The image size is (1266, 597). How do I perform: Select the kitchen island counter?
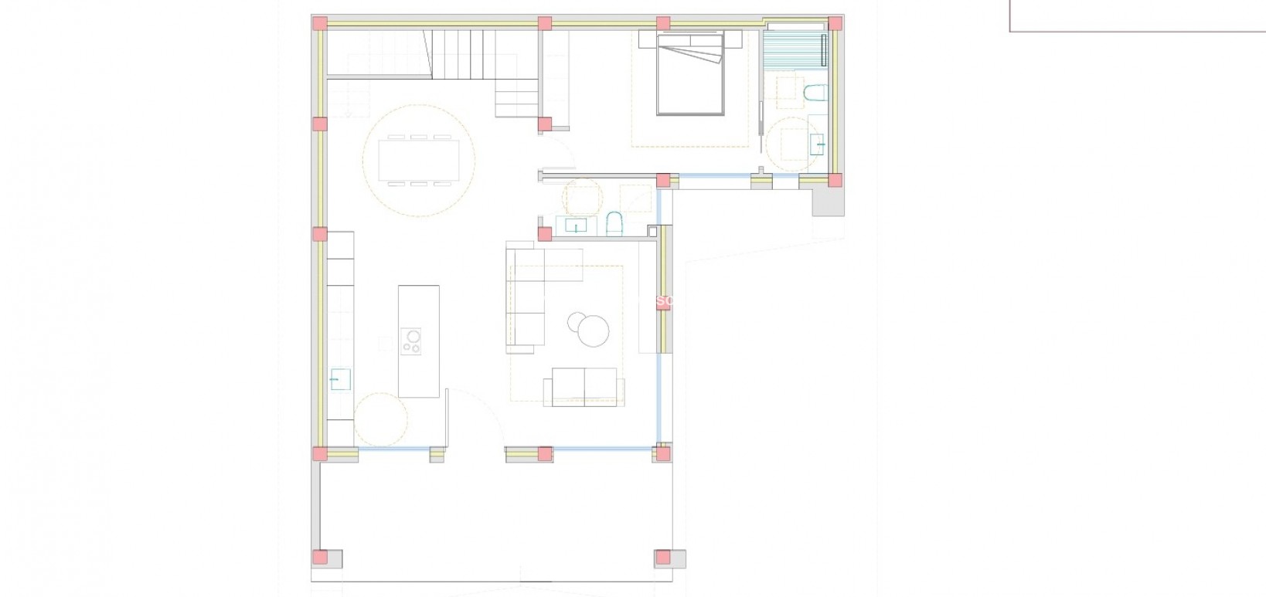pos(419,341)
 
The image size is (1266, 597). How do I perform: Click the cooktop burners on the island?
pos(412,341)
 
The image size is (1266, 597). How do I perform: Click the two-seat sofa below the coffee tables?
pos(584,386)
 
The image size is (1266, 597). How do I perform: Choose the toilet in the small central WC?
pos(615,223)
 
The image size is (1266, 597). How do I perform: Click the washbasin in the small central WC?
pos(577,226)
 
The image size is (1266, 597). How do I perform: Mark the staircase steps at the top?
pos(464,54)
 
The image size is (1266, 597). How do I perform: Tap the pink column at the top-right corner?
pos(835,23)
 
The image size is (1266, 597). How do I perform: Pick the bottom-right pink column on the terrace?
pos(662,557)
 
